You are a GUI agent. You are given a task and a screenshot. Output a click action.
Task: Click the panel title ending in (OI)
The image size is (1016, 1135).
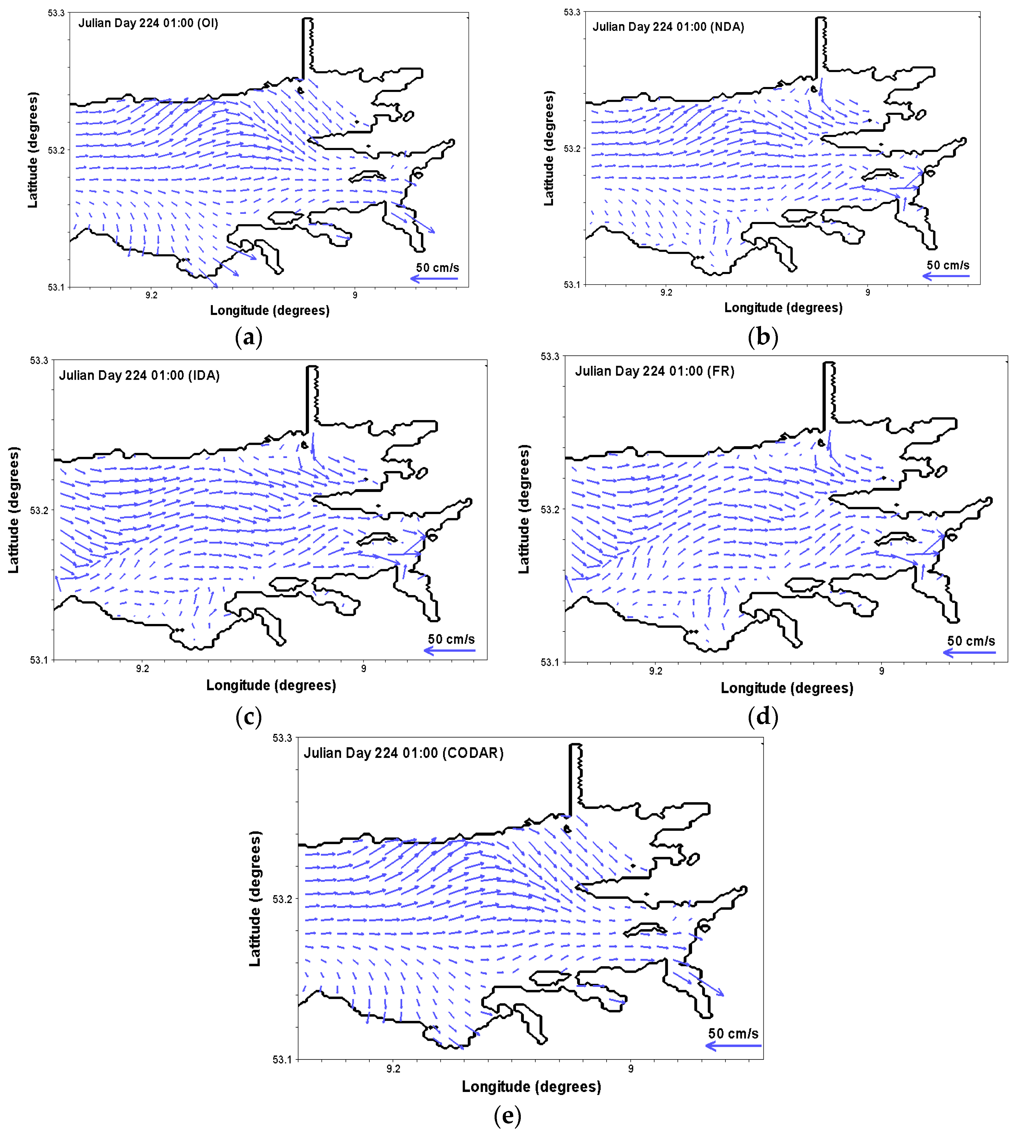tap(148, 23)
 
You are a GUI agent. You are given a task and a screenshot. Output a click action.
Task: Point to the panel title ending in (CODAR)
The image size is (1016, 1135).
tap(403, 753)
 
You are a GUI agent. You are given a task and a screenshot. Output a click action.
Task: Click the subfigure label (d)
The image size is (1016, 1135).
tap(763, 716)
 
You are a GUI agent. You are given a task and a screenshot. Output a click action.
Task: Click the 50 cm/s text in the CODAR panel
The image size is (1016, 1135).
tap(733, 1034)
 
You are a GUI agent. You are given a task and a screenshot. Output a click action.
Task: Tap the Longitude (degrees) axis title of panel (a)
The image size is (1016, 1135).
tap(270, 310)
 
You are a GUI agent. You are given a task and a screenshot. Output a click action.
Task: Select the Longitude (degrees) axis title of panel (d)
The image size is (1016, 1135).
tap(787, 688)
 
